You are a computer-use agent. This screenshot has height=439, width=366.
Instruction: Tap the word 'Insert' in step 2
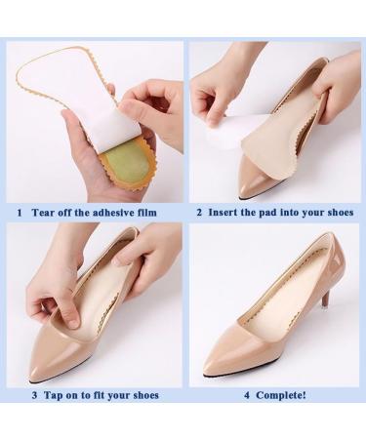coord(226,210)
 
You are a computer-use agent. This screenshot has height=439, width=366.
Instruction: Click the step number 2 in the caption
coord(198,210)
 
